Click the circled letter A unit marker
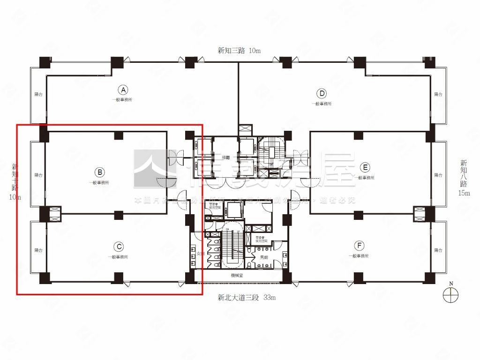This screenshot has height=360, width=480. [x=122, y=90]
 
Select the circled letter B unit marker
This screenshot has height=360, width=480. [x=100, y=172]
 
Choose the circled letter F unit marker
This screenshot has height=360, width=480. [x=359, y=246]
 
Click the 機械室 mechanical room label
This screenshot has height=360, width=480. [x=237, y=276]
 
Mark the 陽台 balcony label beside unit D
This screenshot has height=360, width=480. [x=438, y=95]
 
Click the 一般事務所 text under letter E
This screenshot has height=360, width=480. [x=364, y=178]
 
